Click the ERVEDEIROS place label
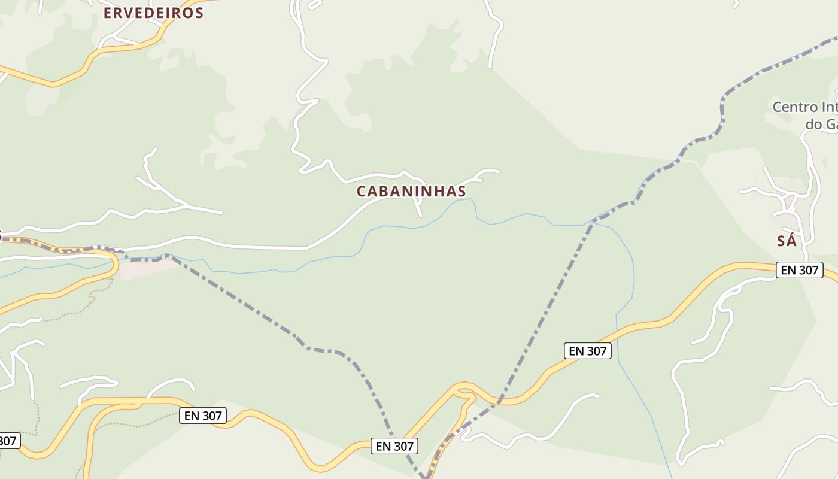click(x=153, y=13)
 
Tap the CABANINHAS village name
click(x=411, y=192)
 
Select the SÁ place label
click(x=787, y=241)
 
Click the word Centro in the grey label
click(x=795, y=108)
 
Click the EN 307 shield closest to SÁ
click(x=800, y=270)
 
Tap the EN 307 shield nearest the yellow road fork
click(x=393, y=446)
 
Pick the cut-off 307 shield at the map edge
click(x=8, y=441)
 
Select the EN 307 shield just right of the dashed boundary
click(x=587, y=351)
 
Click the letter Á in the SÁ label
click(x=791, y=241)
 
